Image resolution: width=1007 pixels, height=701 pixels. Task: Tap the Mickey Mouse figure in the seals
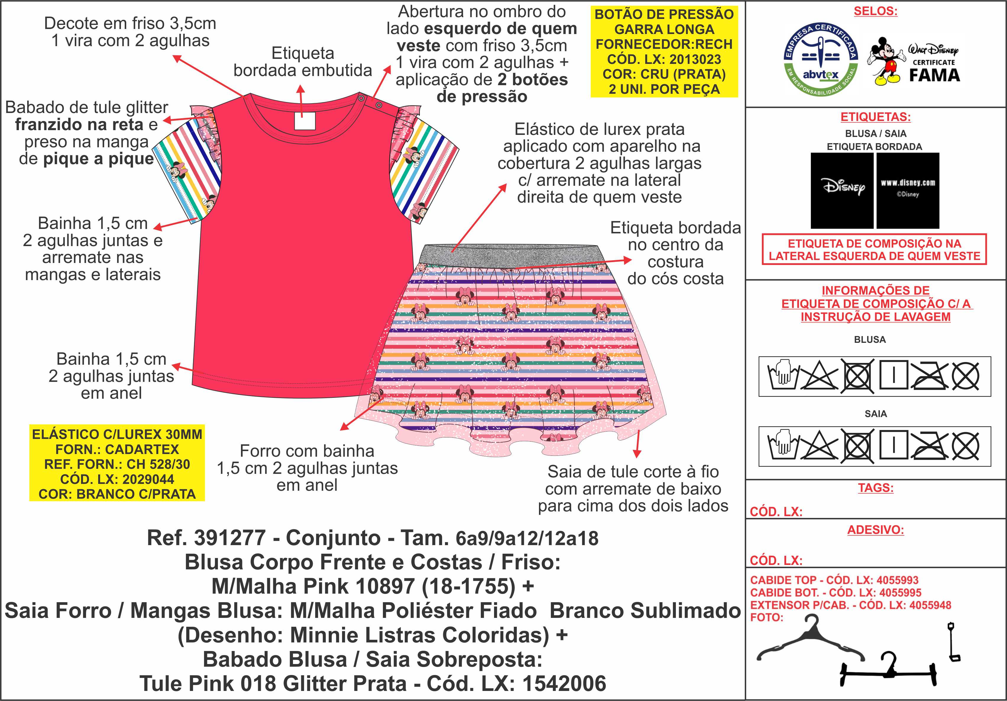pyautogui.click(x=886, y=62)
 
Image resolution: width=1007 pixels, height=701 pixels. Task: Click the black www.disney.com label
pyautogui.click(x=907, y=190)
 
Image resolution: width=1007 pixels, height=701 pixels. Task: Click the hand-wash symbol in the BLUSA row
pyautogui.click(x=782, y=376)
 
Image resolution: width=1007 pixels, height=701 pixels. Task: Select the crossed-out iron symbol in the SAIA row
pyautogui.click(x=929, y=446)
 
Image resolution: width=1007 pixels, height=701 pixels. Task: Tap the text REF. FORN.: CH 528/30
pyautogui.click(x=117, y=464)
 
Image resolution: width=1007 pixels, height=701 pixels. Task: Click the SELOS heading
pyautogui.click(x=875, y=12)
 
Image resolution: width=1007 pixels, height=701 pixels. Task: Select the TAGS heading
pyautogui.click(x=875, y=487)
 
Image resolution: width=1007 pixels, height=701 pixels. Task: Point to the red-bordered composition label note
pyautogui.click(x=874, y=250)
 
